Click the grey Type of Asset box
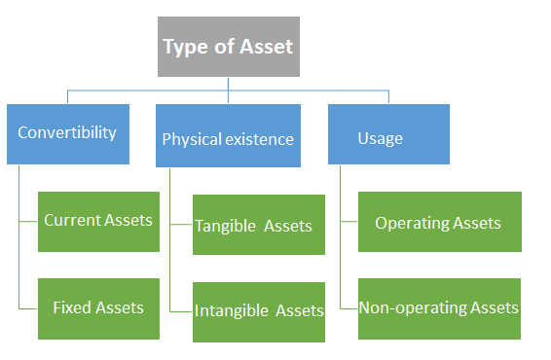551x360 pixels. [229, 47]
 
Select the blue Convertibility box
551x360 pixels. [66, 132]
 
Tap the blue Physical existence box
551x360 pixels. [227, 138]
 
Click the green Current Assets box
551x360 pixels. [98, 221]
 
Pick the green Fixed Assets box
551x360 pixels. [98, 308]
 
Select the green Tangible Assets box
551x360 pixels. [258, 225]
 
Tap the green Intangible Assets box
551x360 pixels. [258, 311]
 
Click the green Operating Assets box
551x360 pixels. [439, 222]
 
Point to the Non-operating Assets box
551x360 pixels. [439, 308]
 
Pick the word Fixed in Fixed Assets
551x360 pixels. [72, 307]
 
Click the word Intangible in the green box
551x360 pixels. [231, 311]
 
